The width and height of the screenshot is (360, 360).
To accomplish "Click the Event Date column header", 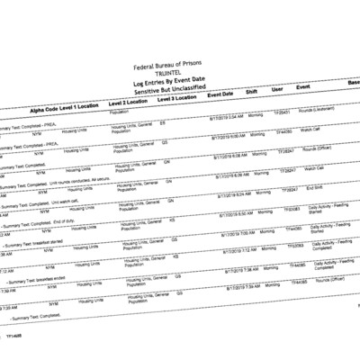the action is (221, 94).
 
